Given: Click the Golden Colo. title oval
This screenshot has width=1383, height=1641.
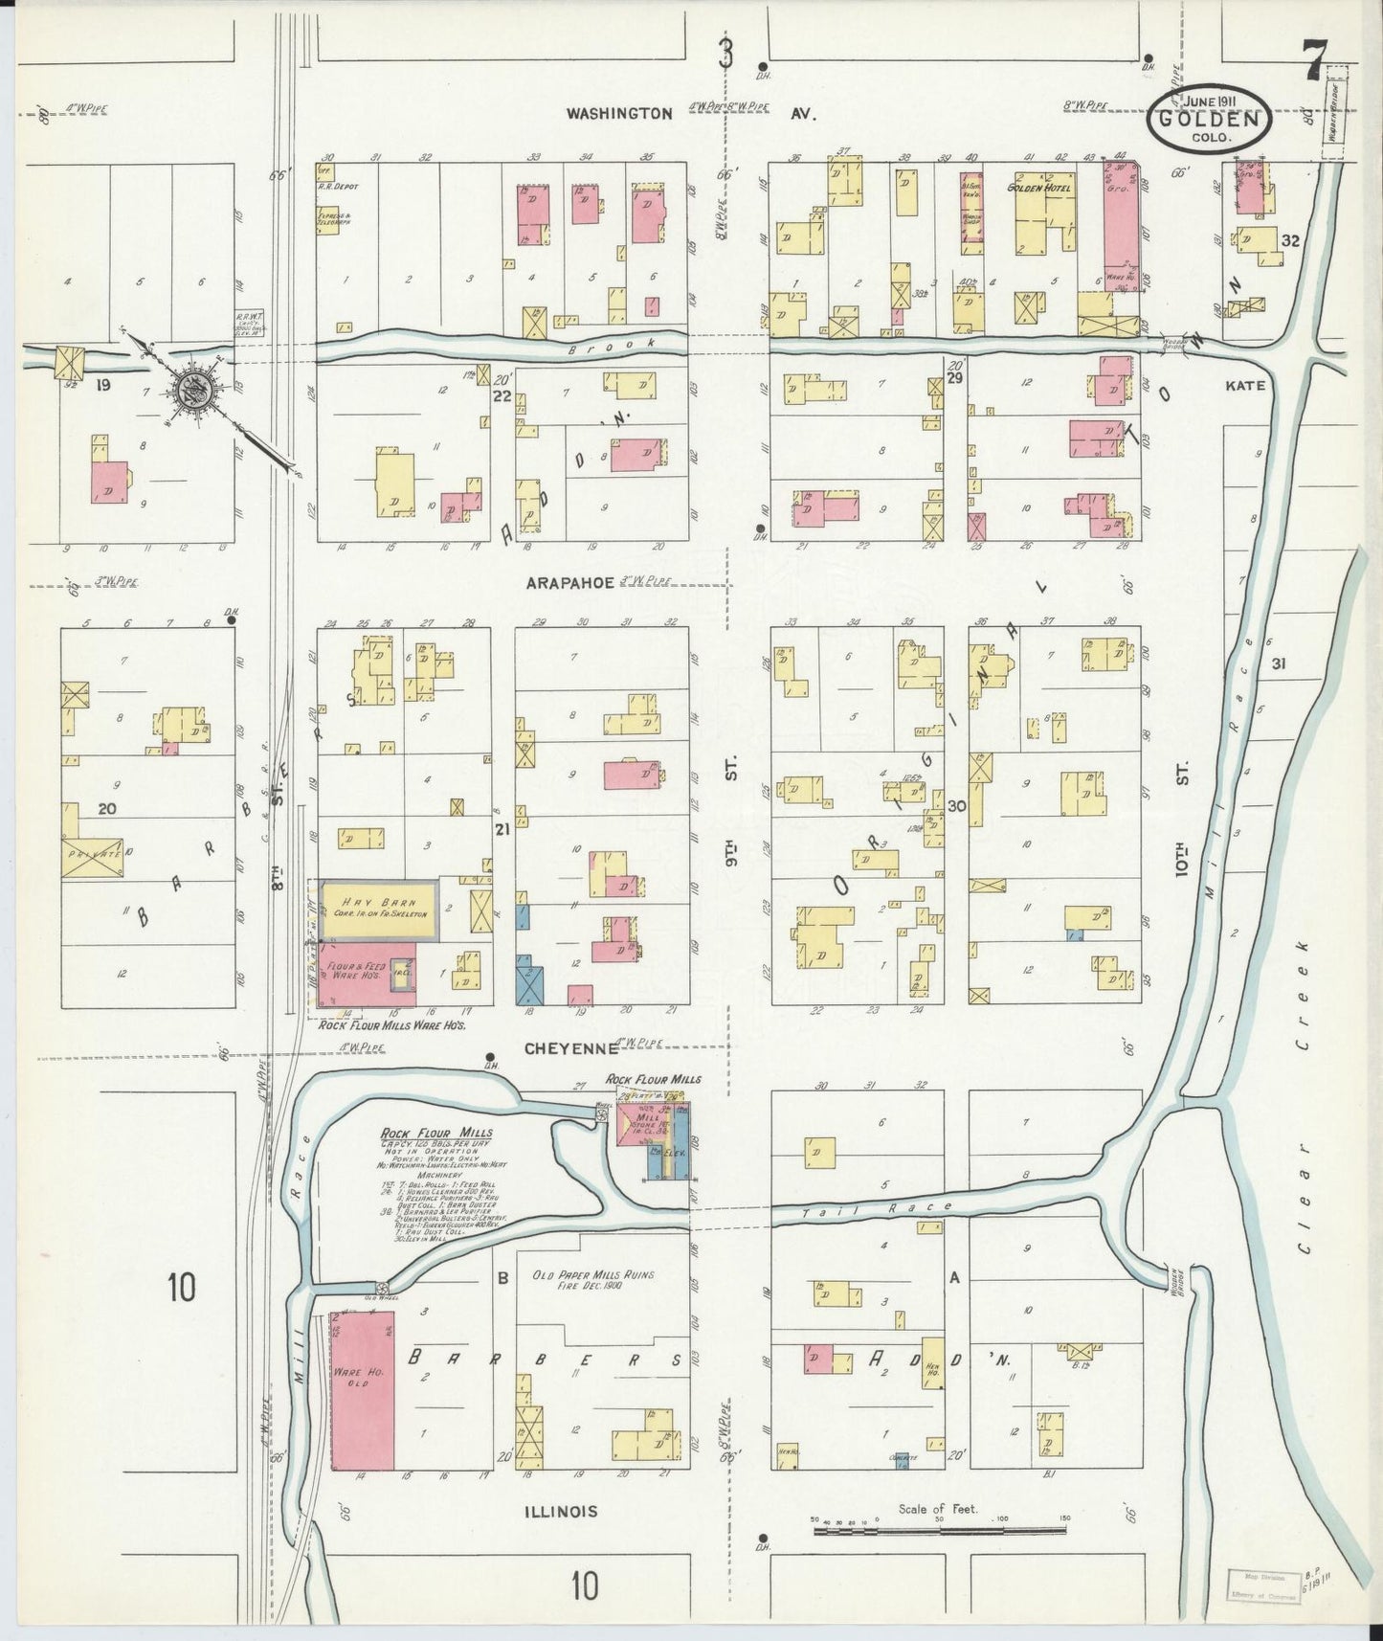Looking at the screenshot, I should [1210, 120].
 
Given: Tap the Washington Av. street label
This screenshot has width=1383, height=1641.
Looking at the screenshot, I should [689, 113].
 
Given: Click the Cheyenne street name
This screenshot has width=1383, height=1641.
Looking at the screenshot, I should [568, 1048].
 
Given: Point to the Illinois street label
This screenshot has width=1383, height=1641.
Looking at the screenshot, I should [562, 1511].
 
